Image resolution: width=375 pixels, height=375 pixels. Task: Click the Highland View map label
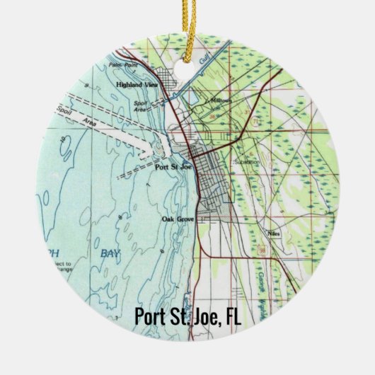tap(137, 83)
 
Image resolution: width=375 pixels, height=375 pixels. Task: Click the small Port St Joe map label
tap(170, 169)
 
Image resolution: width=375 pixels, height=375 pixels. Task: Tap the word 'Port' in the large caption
tap(151, 318)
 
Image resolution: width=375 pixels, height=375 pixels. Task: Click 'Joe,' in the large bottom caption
tap(206, 318)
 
